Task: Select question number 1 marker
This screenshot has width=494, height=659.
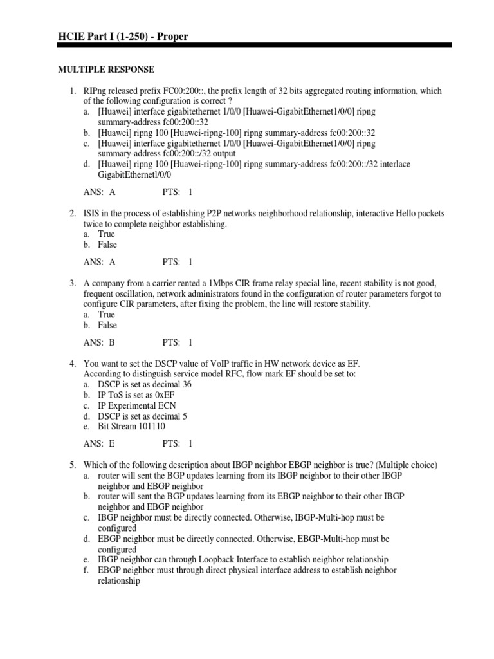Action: tap(73, 91)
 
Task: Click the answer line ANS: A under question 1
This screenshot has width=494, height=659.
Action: tap(100, 192)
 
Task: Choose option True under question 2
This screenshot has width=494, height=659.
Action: tap(106, 234)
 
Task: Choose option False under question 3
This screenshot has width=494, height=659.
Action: tap(107, 325)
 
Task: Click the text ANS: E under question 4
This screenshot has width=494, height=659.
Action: tap(100, 443)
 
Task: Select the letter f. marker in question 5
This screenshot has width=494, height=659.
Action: tap(87, 570)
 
